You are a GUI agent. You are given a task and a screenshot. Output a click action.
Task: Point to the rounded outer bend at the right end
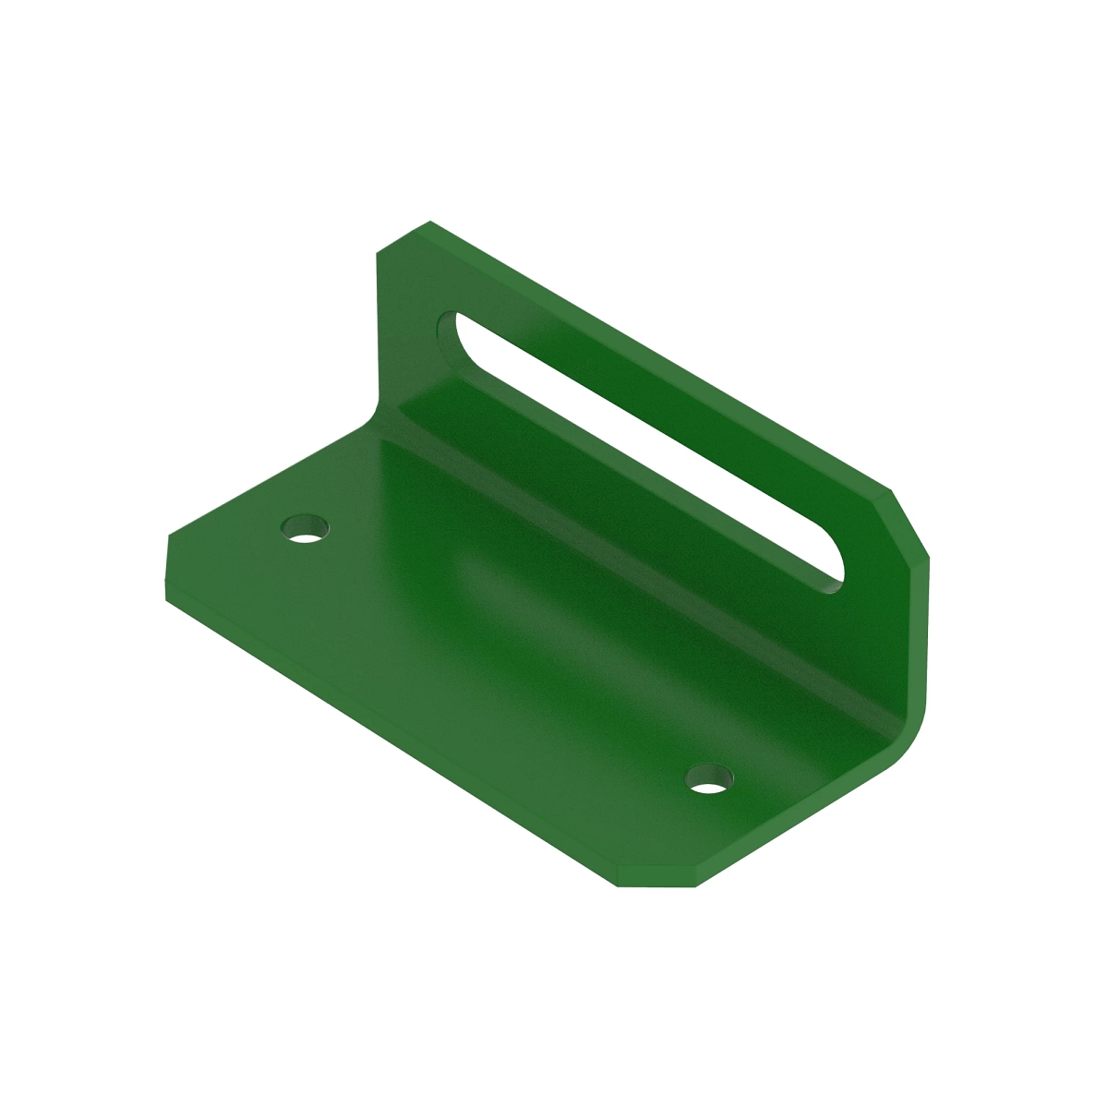point(909,739)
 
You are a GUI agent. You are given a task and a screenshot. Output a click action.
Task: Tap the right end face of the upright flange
point(923,628)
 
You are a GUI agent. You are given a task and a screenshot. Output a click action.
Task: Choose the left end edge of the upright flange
point(378,323)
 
